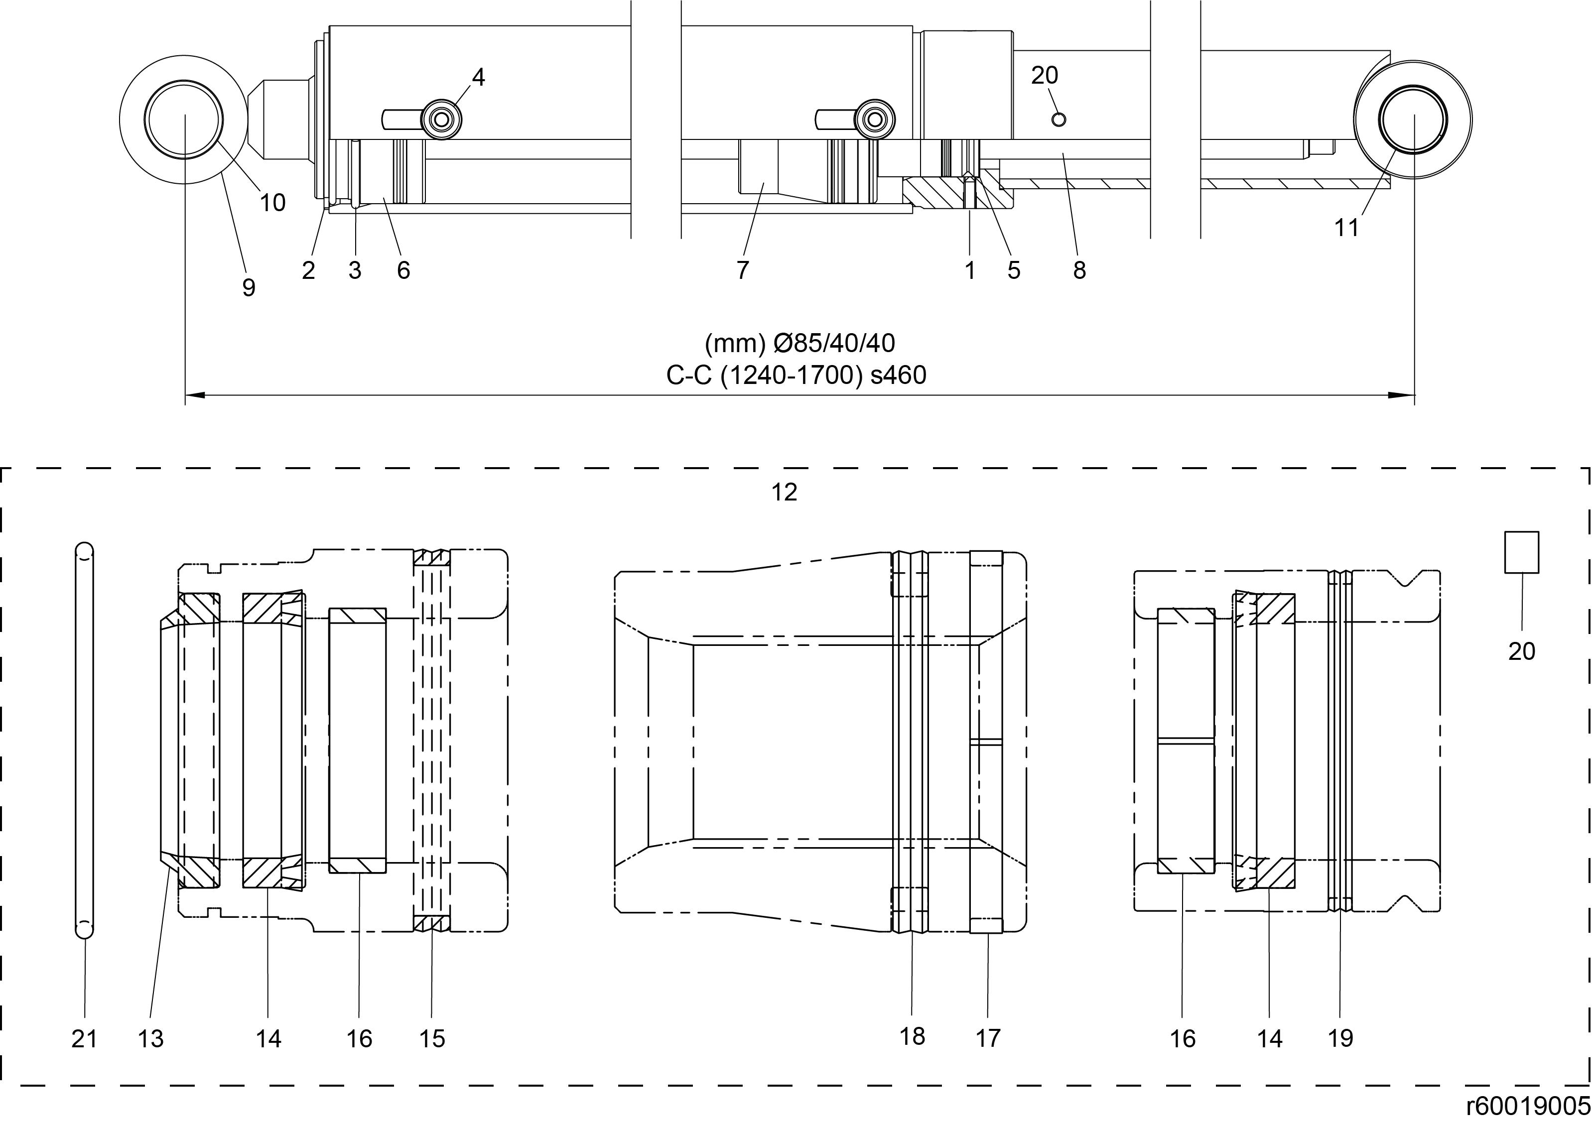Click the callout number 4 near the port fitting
[x=478, y=77]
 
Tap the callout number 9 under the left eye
[x=248, y=287]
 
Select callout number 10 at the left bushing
[x=272, y=203]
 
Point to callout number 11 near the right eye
[x=1346, y=228]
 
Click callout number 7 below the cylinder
[x=743, y=270]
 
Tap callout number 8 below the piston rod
[x=1079, y=270]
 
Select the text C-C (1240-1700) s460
[x=796, y=375]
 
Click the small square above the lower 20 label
[x=1521, y=552]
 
